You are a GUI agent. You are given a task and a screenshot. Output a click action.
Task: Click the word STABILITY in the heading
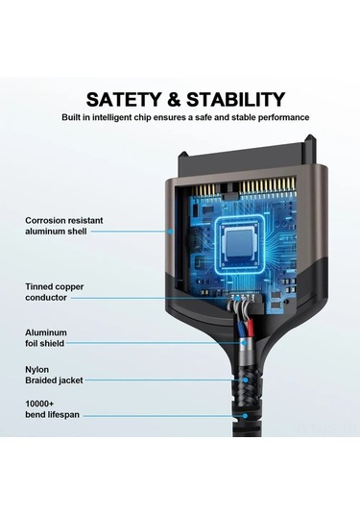(238, 99)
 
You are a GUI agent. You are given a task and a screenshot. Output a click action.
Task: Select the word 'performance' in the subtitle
(281, 117)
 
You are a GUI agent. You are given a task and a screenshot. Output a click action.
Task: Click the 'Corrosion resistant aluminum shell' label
(64, 226)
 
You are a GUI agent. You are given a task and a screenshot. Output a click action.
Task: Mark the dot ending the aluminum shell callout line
(171, 231)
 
